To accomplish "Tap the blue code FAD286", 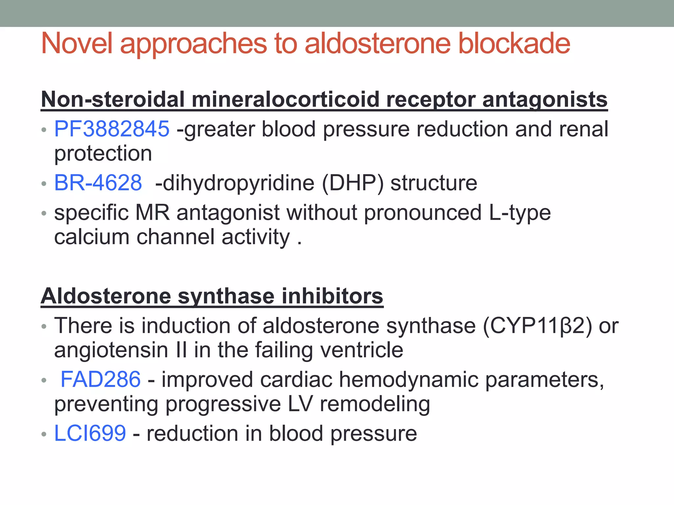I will point(101,379).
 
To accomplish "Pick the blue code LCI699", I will point(90,433).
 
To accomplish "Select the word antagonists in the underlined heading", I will point(545,99).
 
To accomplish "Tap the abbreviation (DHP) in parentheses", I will point(352,183).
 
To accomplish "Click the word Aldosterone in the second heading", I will point(106,296).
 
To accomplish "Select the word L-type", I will point(520,213).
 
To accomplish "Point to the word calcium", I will point(92,237).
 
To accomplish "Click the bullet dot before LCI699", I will point(44,434).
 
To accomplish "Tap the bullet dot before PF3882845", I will point(44,130).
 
